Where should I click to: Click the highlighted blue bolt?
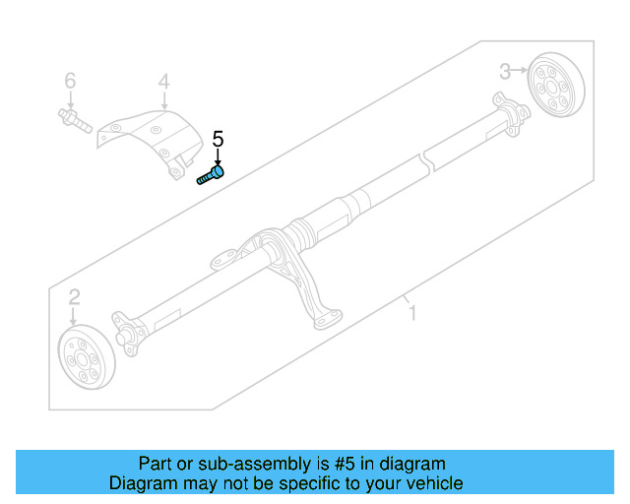point(211,176)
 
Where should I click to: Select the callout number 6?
point(70,80)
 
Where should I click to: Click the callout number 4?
point(163,81)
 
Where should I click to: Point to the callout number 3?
point(504,70)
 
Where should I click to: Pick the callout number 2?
point(74,297)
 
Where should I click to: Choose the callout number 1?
point(412,313)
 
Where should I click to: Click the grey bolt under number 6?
point(75,122)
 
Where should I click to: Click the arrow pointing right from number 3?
point(522,70)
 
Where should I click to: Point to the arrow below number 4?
point(163,100)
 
